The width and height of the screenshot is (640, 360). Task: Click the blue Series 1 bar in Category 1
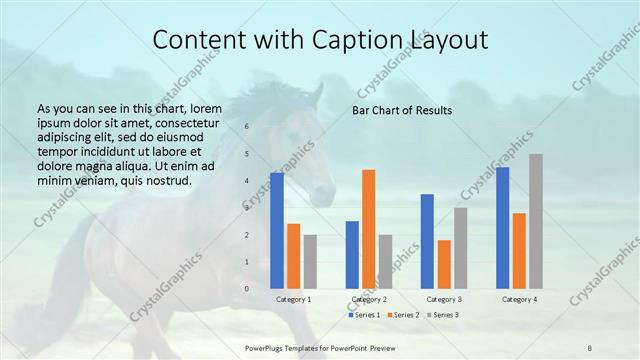point(276,230)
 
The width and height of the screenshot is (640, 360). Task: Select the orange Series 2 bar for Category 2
point(369,229)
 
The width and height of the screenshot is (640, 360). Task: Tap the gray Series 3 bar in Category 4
point(536,221)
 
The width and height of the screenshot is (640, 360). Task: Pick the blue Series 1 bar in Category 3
point(427,241)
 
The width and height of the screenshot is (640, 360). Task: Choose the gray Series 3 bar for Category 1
point(310,261)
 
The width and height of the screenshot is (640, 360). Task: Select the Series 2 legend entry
point(403,315)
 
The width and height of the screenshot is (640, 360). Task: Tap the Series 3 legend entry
point(442,315)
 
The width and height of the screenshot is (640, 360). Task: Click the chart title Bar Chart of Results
point(402,110)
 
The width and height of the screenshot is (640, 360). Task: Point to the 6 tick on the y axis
point(246,127)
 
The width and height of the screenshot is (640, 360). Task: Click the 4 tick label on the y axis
point(246,181)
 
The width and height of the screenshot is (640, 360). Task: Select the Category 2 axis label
point(369,299)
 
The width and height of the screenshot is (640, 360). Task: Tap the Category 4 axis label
point(519,299)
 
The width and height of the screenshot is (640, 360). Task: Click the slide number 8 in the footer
point(589,346)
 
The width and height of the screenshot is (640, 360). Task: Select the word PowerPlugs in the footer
point(267,346)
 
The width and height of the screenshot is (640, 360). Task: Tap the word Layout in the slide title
point(448,40)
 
